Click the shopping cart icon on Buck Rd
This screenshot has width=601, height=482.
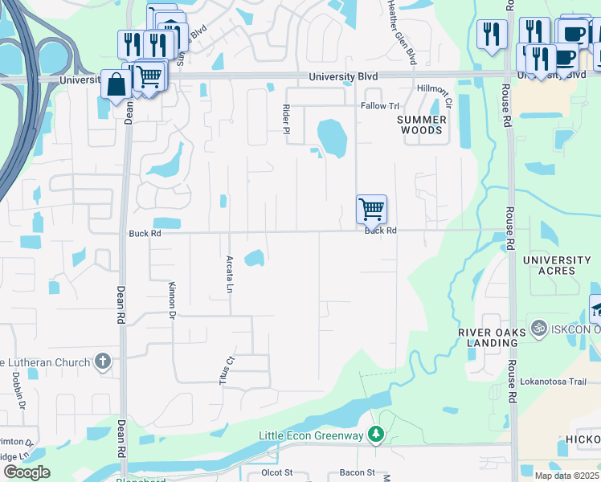pyautogui.click(x=371, y=210)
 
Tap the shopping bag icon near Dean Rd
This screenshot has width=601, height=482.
pyautogui.click(x=117, y=85)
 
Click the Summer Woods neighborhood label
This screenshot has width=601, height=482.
pyautogui.click(x=421, y=125)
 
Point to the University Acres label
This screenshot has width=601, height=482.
pyautogui.click(x=556, y=265)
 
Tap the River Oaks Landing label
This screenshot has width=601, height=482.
pyautogui.click(x=487, y=337)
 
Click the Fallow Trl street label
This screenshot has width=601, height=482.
pyautogui.click(x=380, y=106)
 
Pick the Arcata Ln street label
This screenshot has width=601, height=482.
pyautogui.click(x=230, y=274)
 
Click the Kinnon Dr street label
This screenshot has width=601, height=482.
pyautogui.click(x=172, y=301)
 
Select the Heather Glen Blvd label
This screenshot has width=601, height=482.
pyautogui.click(x=401, y=32)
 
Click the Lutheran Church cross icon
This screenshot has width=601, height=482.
pyautogui.click(x=102, y=361)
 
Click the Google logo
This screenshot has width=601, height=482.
pyautogui.click(x=27, y=472)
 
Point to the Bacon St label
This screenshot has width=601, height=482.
pyautogui.click(x=357, y=472)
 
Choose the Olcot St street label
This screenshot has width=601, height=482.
pyautogui.click(x=277, y=472)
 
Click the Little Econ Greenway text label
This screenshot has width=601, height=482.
pyautogui.click(x=310, y=435)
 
